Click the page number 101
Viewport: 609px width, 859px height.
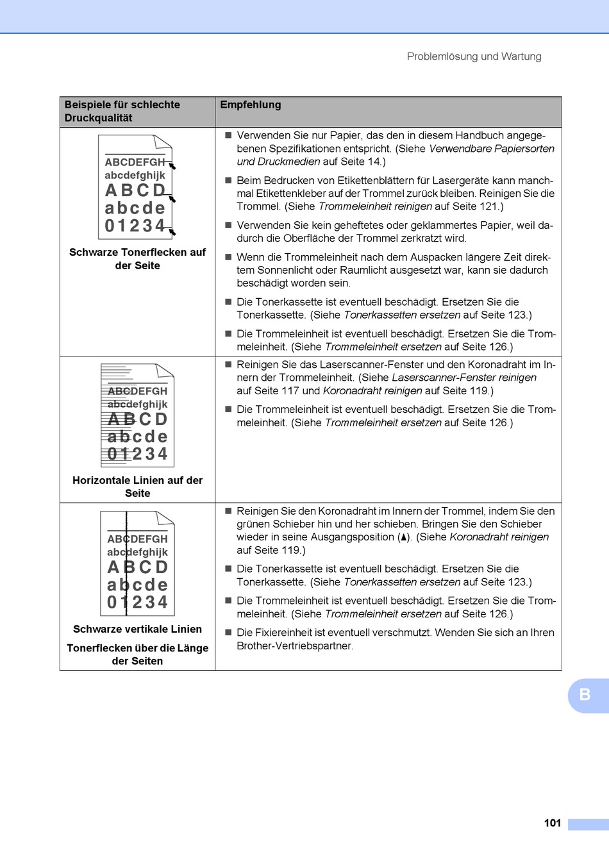[x=552, y=822]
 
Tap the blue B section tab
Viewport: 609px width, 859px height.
[x=588, y=696]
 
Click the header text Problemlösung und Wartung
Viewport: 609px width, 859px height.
[x=474, y=56]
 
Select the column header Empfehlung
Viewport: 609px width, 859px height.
[x=251, y=104]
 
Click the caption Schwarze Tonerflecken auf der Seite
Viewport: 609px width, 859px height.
[x=137, y=259]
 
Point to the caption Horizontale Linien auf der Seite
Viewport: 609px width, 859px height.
[x=137, y=487]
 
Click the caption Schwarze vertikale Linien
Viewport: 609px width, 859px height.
[x=137, y=629]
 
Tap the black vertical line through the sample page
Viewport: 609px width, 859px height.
[x=126, y=563]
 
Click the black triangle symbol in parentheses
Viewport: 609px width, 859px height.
[x=403, y=537]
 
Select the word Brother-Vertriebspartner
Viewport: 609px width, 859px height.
[x=294, y=646]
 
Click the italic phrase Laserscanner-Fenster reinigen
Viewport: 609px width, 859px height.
[x=464, y=378]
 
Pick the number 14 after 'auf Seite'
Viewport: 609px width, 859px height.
[x=374, y=162]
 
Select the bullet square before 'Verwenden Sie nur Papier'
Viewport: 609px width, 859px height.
[x=228, y=135]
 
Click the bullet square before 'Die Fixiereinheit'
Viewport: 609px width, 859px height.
[x=228, y=632]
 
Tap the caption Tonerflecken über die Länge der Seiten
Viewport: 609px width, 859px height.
[x=137, y=655]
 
